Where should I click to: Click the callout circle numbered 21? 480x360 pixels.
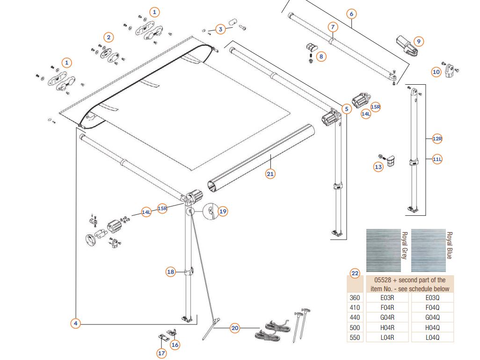coord(270,174)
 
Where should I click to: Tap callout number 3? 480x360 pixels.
coord(220,29)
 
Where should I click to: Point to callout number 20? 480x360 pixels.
coord(235,329)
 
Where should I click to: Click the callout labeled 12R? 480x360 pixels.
coord(437,138)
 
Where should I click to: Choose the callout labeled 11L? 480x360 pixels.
coord(437,160)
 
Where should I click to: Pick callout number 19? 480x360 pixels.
coord(223,211)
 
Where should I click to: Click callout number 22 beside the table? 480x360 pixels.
coord(355,274)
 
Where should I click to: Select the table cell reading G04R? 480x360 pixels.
coord(386,317)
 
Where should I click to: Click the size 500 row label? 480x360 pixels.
coord(355,328)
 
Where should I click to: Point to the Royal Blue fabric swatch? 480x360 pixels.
coord(428,250)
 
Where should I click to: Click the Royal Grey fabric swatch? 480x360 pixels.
coord(383,250)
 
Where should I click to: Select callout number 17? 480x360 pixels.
coord(161,353)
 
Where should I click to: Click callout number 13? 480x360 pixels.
coord(378,166)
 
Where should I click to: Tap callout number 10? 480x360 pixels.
coord(436,72)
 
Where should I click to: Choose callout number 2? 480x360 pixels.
coord(109,37)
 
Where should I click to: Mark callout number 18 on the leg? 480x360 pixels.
coord(171,272)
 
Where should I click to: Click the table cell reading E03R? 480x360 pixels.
coord(386,298)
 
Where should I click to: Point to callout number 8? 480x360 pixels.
coord(321,56)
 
